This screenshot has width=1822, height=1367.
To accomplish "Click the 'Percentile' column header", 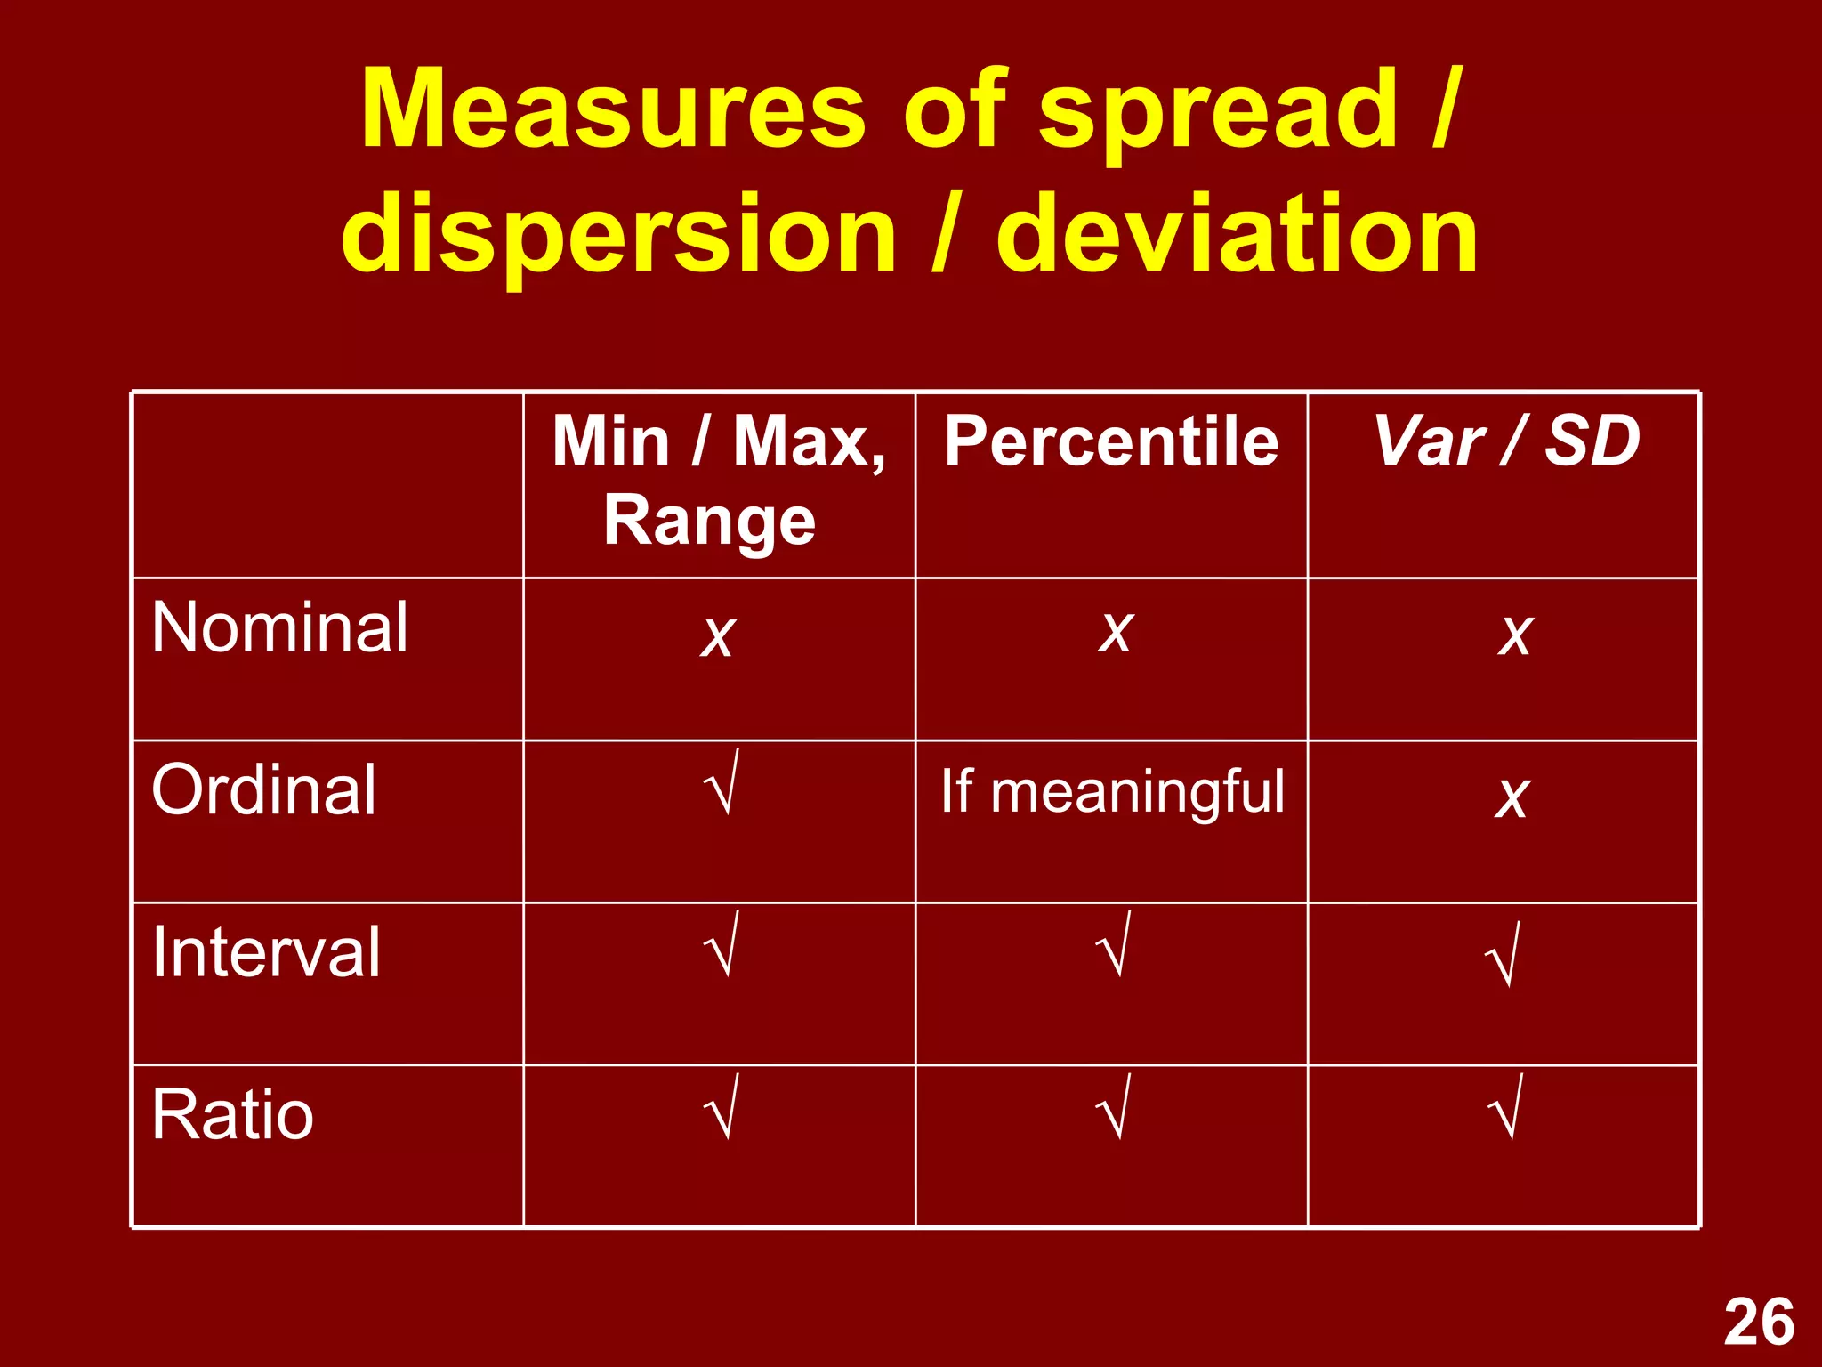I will point(1111,441).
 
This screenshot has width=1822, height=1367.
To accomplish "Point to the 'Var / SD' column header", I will point(1505,441).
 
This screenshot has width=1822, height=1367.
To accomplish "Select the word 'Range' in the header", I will point(709,521).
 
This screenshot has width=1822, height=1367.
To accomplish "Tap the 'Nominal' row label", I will point(280,627).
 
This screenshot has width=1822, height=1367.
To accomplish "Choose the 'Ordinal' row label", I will point(264,789).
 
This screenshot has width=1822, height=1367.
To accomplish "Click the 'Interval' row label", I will point(266,952).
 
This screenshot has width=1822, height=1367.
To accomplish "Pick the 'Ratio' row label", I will point(233,1114).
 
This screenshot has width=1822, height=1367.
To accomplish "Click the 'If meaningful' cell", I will point(1112,791).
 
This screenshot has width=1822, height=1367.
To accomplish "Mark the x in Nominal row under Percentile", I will point(1114,633).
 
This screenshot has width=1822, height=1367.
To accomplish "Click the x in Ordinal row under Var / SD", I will point(1512,797).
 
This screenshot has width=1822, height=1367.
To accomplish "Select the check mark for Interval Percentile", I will point(1113,945).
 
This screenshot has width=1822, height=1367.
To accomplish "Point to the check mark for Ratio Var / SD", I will point(1505,1108).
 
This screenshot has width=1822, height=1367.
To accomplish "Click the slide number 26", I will point(1759,1322).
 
